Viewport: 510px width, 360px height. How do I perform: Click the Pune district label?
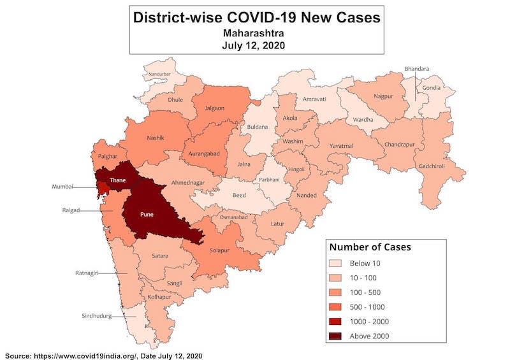[x=147, y=214]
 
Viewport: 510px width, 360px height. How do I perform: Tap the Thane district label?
[x=117, y=180]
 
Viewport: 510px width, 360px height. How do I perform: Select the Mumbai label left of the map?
[x=62, y=187]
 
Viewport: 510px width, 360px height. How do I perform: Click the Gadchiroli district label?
[x=432, y=166]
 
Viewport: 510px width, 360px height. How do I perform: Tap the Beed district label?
[x=240, y=194]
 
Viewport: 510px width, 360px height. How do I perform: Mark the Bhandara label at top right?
[x=417, y=69]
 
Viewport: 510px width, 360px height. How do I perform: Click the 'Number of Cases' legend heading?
[x=370, y=246]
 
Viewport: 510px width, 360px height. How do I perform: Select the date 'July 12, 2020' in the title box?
[x=256, y=45]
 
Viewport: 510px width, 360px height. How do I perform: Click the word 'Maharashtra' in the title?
[x=256, y=32]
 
